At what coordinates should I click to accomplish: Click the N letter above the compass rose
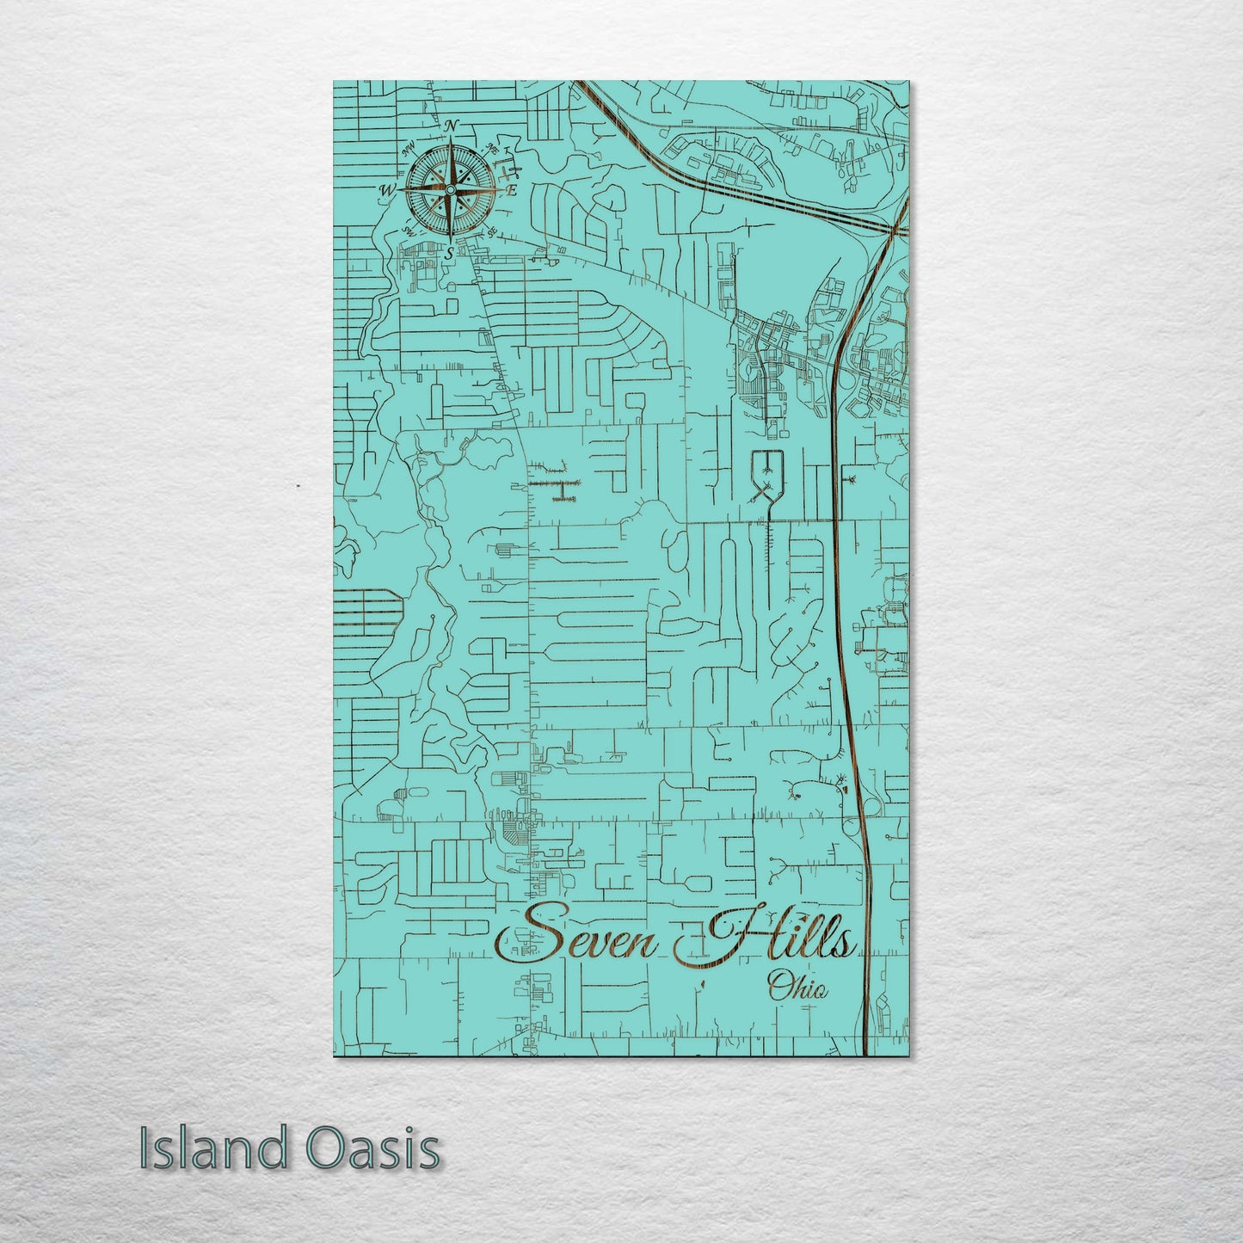(451, 126)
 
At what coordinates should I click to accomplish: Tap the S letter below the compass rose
(449, 253)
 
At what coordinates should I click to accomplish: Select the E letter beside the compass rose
(510, 191)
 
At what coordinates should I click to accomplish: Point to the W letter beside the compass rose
(388, 190)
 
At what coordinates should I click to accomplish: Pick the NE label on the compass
(492, 146)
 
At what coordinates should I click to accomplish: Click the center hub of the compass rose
(450, 189)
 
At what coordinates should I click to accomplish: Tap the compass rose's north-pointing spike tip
(450, 138)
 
